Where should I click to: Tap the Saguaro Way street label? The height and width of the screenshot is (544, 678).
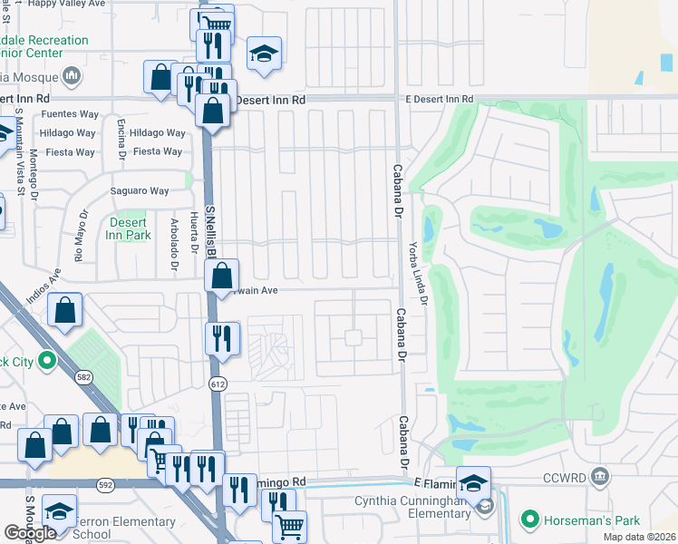point(140,191)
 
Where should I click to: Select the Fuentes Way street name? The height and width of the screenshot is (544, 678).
point(68,115)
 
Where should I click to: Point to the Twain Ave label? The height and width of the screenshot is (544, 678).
point(257,291)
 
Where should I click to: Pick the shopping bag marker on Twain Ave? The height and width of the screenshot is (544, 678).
point(222,276)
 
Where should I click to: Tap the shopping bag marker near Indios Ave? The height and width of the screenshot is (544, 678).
point(66,310)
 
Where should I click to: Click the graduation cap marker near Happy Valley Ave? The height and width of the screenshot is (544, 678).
point(264,54)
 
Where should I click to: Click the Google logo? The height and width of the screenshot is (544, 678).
point(30,533)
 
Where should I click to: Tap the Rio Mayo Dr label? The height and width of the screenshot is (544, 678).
point(82,233)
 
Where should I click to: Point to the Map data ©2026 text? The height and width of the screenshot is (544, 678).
point(640,537)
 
